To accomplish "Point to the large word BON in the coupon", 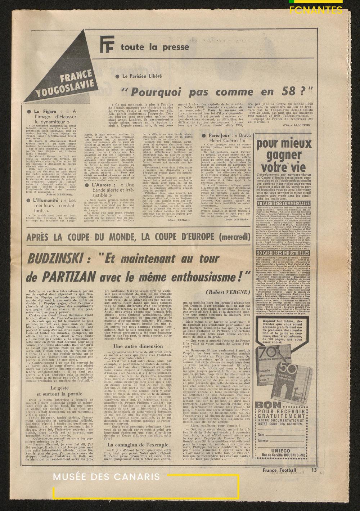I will tap(266, 406).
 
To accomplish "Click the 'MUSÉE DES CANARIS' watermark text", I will tap(107, 477).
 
